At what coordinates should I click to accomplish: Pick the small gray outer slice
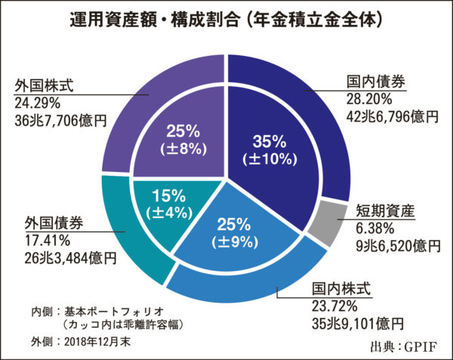331,223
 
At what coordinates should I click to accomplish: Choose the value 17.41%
43,241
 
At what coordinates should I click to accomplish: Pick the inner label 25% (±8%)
186,140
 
